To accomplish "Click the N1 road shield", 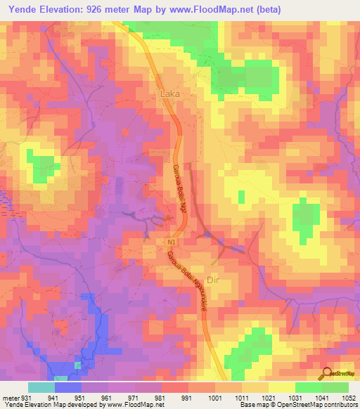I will pyautogui.click(x=172, y=242).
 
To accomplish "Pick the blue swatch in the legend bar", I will pyautogui.click(x=68, y=387).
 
